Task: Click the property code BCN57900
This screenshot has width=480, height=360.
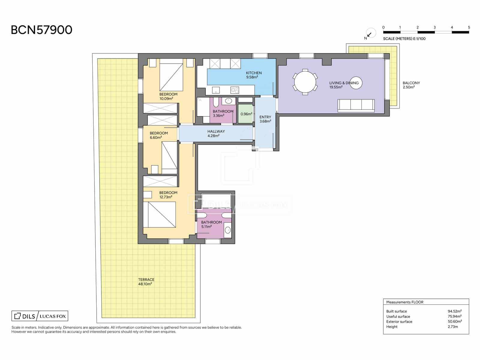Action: [x=41, y=30]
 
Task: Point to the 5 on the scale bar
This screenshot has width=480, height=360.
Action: [x=469, y=27]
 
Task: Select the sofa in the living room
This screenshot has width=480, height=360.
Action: [x=356, y=106]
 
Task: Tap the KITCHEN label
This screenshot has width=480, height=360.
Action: [x=254, y=73]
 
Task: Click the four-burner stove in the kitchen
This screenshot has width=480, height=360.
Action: [x=235, y=90]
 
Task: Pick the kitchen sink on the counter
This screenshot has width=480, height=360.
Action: [x=216, y=90]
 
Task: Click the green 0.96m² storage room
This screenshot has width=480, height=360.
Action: [x=246, y=114]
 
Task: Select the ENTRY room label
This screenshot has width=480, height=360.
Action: [x=265, y=117]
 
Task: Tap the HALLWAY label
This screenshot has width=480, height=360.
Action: [x=216, y=131]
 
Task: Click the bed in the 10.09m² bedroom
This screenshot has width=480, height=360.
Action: [x=171, y=75]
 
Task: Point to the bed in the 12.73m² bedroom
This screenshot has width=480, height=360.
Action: [x=160, y=214]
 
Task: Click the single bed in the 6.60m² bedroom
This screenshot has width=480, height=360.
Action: [x=169, y=156]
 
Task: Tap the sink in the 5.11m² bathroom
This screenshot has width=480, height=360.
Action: [x=228, y=230]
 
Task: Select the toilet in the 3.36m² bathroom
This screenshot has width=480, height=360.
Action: [x=216, y=102]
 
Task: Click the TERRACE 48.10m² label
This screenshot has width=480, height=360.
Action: [x=146, y=281]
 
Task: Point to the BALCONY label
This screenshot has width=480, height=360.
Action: [x=411, y=83]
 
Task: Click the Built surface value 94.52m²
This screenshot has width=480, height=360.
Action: [x=454, y=311]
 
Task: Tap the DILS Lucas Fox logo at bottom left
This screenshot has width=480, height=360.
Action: [x=40, y=316]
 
